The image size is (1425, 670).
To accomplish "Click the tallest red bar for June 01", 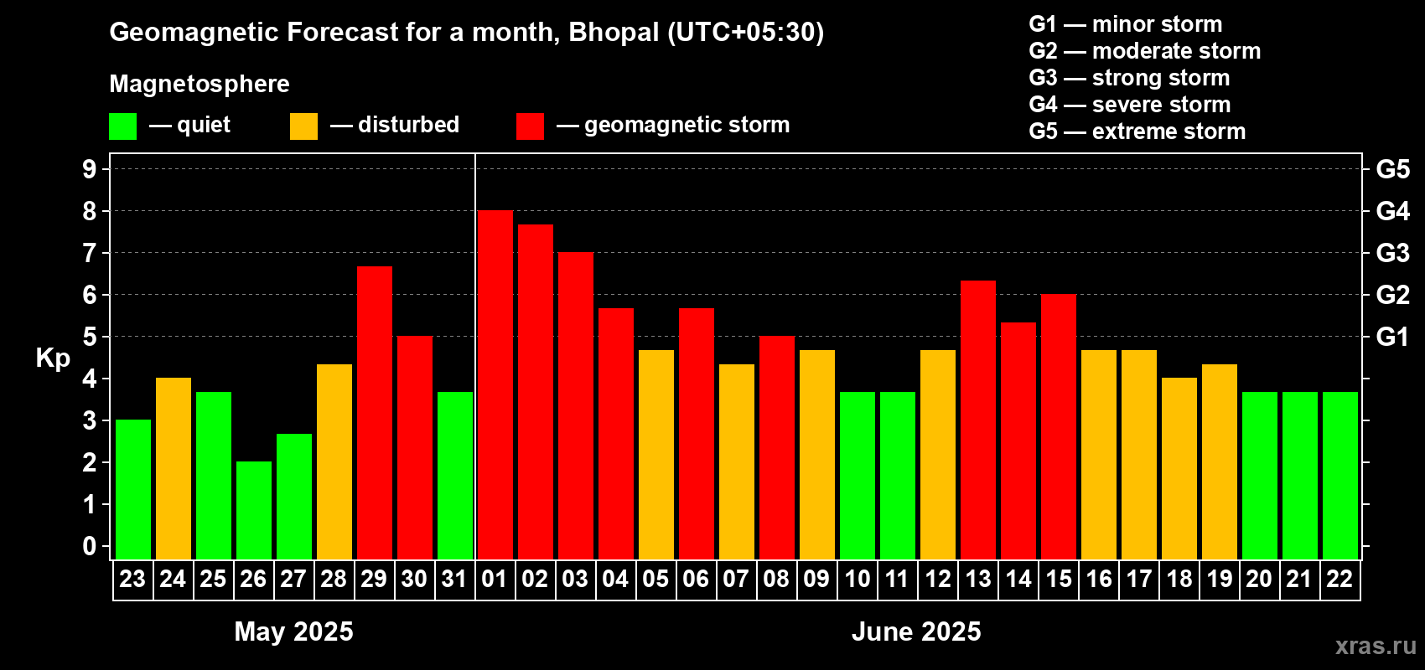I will [x=495, y=385].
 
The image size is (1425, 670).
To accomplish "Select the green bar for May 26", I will [x=253, y=510].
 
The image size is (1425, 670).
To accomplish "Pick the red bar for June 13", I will [x=977, y=420].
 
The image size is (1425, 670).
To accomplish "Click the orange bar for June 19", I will [x=1219, y=461].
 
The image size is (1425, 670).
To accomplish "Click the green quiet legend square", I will [x=122, y=126].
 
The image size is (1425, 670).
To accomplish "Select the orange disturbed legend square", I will [x=303, y=126].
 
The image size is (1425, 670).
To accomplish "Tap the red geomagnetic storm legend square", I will [x=530, y=126].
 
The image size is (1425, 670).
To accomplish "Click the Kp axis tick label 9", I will [x=90, y=169].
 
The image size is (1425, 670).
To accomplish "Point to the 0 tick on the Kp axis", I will [x=90, y=546].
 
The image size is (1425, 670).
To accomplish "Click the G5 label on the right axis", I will [x=1392, y=169].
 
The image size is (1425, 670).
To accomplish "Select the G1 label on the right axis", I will [x=1392, y=337].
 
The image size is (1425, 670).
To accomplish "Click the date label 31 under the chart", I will [x=454, y=579].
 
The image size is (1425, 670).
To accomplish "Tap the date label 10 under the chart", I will [x=857, y=579].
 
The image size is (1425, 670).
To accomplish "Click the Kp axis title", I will [x=53, y=358].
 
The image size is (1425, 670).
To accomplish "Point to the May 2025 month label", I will [x=293, y=631].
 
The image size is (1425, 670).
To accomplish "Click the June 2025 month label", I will [x=916, y=631].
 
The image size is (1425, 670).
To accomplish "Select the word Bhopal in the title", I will [x=614, y=32].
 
